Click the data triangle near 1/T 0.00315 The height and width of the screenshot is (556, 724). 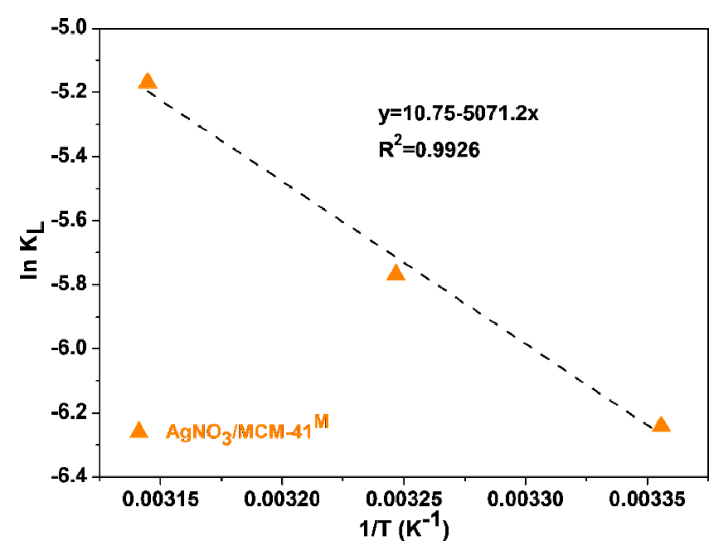point(148,82)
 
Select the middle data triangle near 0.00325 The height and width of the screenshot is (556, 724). point(396,273)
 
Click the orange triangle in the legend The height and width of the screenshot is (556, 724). point(139,431)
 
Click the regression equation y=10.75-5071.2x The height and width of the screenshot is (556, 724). point(458,113)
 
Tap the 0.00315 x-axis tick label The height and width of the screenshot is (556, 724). point(160,499)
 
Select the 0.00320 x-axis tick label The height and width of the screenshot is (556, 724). point(282,499)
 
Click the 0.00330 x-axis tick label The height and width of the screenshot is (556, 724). point(525,499)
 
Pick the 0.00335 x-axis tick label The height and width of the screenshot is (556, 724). point(647,499)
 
